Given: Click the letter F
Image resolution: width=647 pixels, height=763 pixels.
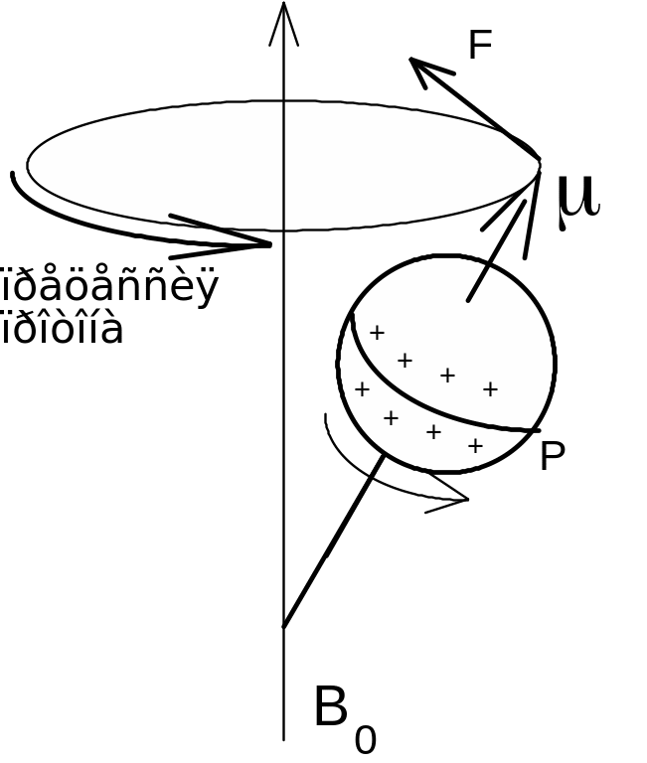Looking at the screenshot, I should (x=481, y=45).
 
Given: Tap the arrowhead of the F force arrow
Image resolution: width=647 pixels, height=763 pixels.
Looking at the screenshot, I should (x=417, y=65).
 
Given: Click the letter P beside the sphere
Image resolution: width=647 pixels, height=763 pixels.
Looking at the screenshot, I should (x=553, y=457).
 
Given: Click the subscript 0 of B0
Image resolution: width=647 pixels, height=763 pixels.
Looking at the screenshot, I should (x=366, y=740).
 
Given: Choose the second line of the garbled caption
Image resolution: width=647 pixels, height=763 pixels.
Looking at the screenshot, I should (x=64, y=329).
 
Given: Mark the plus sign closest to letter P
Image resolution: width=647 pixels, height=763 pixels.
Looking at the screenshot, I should (x=475, y=446).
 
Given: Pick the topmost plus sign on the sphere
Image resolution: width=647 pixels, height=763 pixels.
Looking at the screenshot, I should (x=377, y=333).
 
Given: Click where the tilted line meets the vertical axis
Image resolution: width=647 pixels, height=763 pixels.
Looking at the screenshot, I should (x=284, y=626).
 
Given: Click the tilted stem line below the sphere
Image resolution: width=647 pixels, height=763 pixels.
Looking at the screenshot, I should (x=333, y=541).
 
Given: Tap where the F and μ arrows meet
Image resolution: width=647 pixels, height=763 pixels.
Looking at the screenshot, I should (x=540, y=161).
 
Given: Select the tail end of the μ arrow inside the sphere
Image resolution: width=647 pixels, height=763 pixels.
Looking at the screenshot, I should (x=468, y=299).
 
